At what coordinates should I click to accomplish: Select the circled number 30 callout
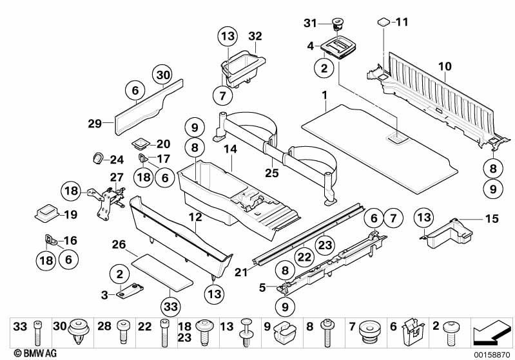point(162,75)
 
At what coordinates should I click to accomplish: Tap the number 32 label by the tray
point(255,36)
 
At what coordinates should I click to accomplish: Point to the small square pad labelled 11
point(383,22)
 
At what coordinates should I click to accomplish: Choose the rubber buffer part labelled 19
point(46,211)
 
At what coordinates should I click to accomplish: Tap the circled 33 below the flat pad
point(170,307)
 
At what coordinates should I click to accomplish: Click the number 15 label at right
point(492,219)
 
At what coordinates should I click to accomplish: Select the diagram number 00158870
point(492,353)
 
